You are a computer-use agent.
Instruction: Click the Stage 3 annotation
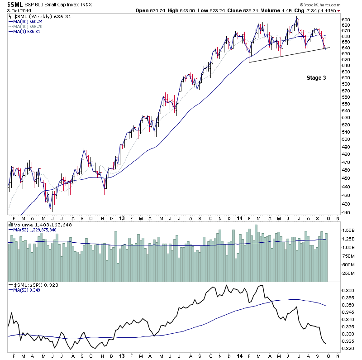316,78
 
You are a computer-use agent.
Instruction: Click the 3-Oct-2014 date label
18,11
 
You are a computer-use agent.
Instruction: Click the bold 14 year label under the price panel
240,218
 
